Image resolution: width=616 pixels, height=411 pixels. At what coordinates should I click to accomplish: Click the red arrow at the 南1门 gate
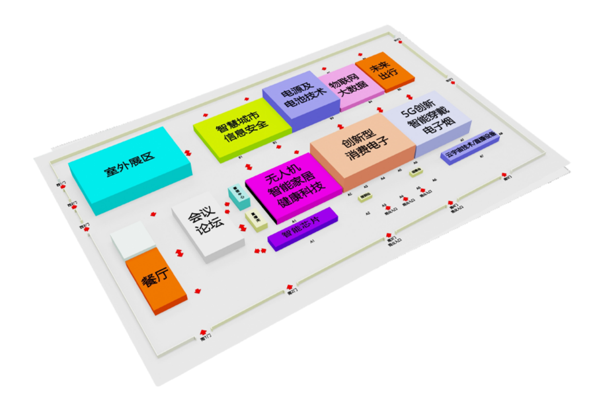[x=204, y=331]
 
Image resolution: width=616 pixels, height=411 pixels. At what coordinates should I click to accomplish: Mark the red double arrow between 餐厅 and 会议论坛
[x=180, y=252]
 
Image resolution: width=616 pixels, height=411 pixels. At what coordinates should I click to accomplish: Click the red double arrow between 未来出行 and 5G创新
[x=409, y=96]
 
